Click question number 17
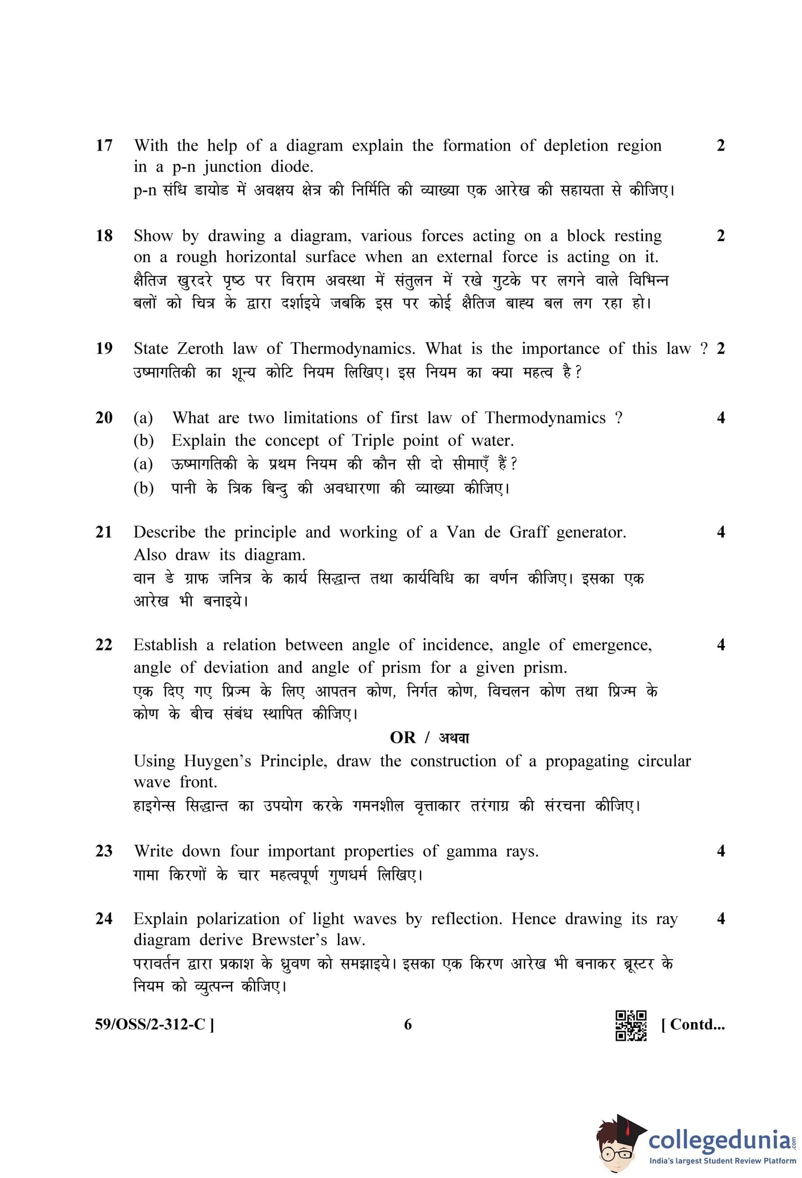104,146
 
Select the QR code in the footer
631,1025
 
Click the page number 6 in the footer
408,1025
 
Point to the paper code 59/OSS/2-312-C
154,1025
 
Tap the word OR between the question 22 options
403,737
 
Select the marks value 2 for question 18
720,236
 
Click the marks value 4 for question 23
720,852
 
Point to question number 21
104,532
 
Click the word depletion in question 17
576,146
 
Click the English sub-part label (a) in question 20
143,418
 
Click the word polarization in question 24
238,919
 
